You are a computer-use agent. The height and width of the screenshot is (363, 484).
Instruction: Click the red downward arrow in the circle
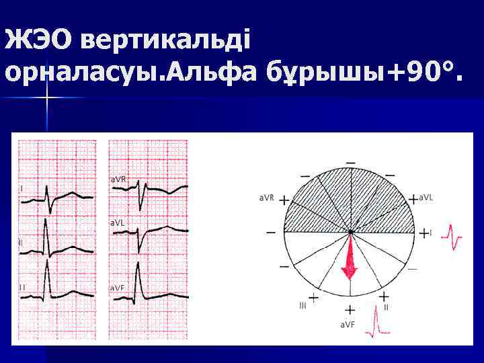pyautogui.click(x=350, y=259)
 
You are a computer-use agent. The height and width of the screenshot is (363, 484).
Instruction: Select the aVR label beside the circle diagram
pyautogui.click(x=266, y=198)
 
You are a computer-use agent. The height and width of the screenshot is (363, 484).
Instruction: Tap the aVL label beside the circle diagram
pyautogui.click(x=426, y=198)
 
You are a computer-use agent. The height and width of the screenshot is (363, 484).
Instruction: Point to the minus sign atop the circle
pyautogui.click(x=350, y=163)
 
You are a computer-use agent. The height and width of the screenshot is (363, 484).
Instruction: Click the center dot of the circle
pyautogui.click(x=350, y=233)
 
